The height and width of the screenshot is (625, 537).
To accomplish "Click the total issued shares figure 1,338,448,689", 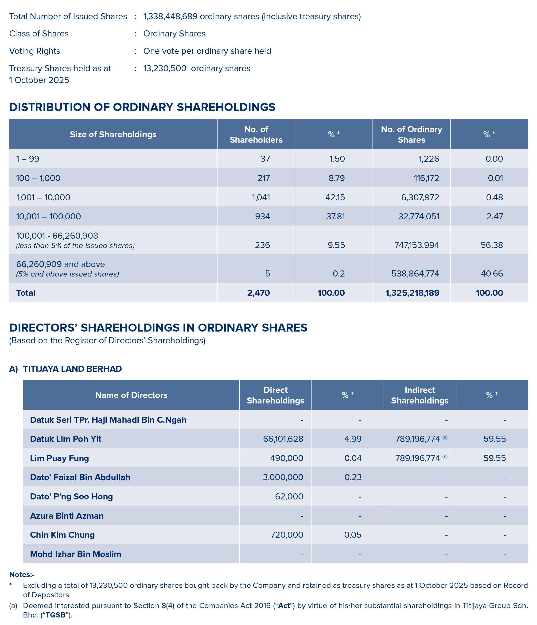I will [170, 17].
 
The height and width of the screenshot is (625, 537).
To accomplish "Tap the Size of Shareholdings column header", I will [113, 134].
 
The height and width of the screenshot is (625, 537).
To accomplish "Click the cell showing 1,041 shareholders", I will [261, 198].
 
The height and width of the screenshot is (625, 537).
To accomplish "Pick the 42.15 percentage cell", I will [335, 198].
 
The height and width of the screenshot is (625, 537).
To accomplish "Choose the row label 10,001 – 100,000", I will [49, 217].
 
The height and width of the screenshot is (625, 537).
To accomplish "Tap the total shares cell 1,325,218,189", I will [412, 293].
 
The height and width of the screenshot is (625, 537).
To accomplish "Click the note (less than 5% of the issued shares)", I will [75, 246].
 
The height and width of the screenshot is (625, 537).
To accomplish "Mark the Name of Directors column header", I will [131, 395].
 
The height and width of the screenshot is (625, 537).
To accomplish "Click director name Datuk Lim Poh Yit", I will [66, 439].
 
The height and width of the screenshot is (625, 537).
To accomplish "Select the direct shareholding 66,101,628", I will [283, 439].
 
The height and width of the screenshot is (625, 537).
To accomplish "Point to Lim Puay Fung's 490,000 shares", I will [287, 458].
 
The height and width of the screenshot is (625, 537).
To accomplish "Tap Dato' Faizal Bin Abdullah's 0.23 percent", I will [353, 477].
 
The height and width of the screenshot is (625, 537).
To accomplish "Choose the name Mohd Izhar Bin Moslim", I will [75, 554].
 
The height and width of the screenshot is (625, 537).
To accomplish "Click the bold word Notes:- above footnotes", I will [22, 574].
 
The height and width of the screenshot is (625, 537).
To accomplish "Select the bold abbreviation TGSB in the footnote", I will [55, 615].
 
